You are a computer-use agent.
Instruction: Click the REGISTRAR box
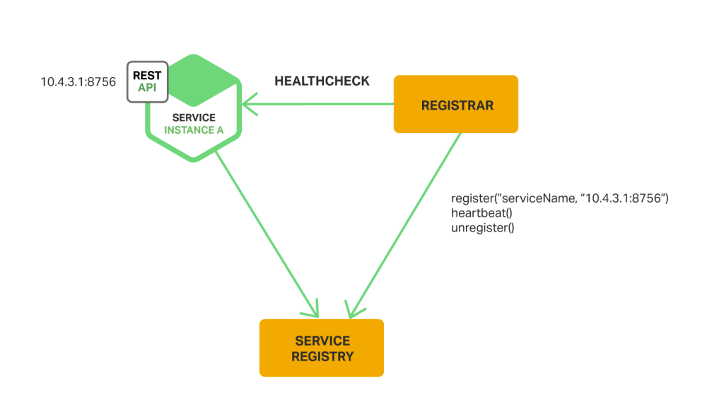tap(456, 105)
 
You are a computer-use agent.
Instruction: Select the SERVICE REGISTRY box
tap(322, 348)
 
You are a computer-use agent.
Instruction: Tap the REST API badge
tap(147, 81)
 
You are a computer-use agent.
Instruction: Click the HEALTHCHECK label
tap(322, 81)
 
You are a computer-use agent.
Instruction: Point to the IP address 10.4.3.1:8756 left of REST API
tap(78, 82)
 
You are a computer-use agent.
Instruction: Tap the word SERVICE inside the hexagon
tap(194, 118)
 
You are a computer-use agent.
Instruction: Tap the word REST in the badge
tap(147, 75)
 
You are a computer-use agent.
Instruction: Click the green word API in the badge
tap(147, 87)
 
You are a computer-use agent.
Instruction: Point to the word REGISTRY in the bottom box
tap(322, 356)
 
